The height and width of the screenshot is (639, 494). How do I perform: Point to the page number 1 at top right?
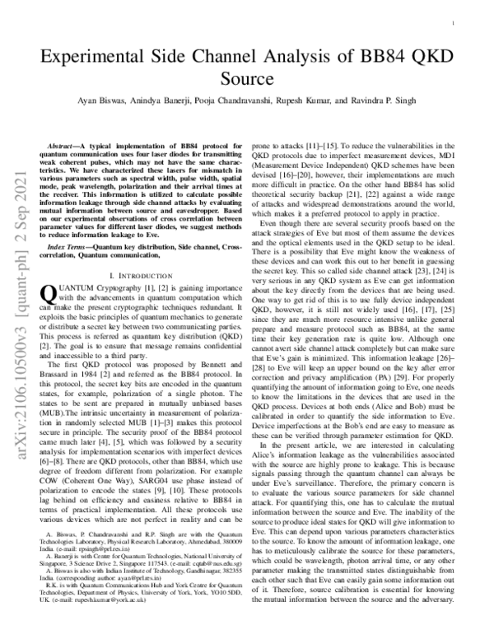(454, 26)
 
